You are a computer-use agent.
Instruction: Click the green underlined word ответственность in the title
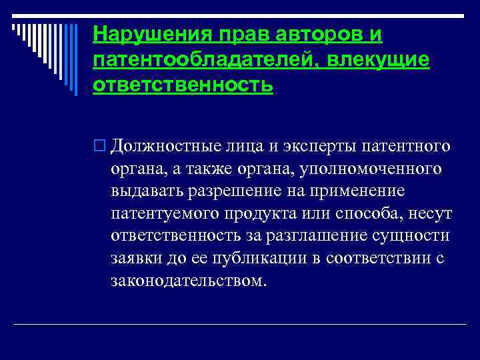click(x=183, y=87)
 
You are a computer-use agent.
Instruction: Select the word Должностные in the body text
click(x=160, y=145)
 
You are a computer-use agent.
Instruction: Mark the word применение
click(x=354, y=191)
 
